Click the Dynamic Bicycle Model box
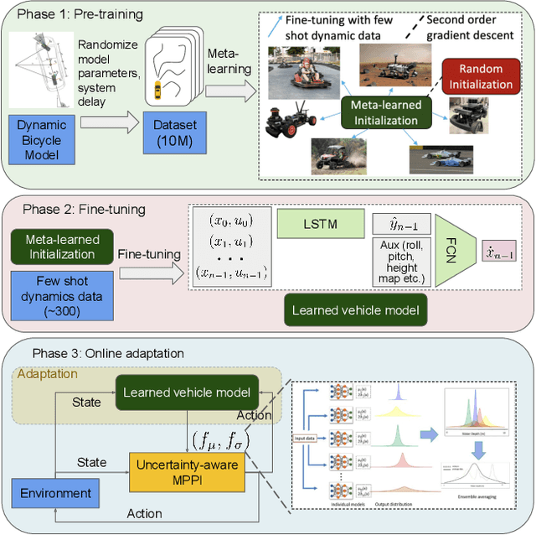[48, 138]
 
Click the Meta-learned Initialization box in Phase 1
[384, 112]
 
